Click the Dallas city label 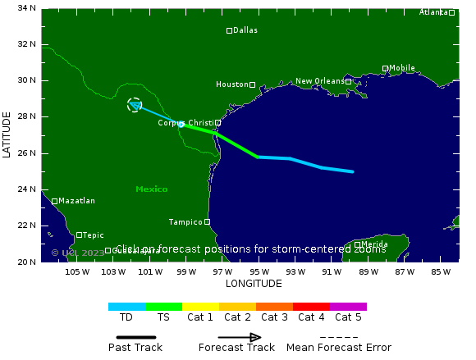245,30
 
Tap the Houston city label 231,84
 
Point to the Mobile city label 401,68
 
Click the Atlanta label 433,12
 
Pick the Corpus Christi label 185,123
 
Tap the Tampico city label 185,221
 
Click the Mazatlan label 76,201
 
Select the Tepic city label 93,235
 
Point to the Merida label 374,244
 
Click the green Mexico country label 152,189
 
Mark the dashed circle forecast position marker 135,105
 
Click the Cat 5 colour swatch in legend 348,307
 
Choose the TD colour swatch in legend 126,307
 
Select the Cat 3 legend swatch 274,307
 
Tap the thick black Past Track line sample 135,337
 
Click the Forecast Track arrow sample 239,337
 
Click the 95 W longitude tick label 259,272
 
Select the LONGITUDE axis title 254,284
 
